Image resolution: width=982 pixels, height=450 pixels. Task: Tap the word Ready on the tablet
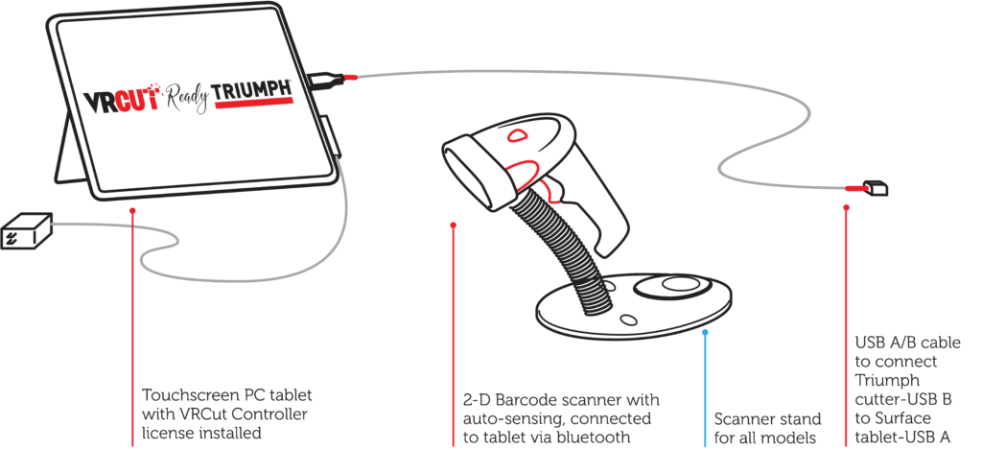[x=187, y=97]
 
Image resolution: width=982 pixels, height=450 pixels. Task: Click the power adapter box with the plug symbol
[x=26, y=230]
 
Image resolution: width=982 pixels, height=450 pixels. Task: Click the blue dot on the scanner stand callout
[x=705, y=332]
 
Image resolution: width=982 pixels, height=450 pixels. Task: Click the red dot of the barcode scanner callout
[x=454, y=225]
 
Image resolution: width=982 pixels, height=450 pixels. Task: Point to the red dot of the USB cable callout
[x=846, y=204]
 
